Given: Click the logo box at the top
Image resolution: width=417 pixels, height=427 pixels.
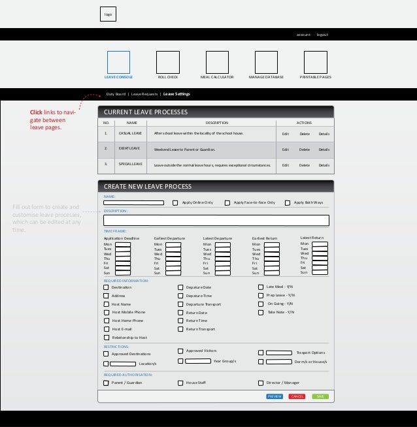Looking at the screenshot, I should (x=108, y=14).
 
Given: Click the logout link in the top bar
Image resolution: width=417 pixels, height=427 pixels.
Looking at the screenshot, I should (x=322, y=35).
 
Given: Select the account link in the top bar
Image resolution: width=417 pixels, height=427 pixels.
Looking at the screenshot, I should (x=303, y=35).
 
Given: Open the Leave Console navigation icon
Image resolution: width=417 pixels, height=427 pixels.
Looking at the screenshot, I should (x=118, y=62).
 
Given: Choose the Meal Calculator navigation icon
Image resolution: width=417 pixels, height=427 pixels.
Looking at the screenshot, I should (x=217, y=62).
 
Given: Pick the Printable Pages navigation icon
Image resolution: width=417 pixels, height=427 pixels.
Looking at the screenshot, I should (x=315, y=62).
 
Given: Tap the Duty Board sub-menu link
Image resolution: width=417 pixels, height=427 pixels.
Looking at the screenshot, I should (x=116, y=94).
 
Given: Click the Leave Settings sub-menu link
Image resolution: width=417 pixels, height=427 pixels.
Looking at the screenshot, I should (x=176, y=94).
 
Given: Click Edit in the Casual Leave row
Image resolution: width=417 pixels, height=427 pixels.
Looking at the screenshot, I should (x=285, y=133).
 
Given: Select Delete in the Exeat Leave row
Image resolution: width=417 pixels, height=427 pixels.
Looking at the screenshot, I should (x=305, y=150).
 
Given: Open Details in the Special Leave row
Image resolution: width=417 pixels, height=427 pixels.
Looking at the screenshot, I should (x=324, y=165).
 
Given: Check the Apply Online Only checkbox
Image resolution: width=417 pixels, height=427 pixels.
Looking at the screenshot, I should (x=175, y=202).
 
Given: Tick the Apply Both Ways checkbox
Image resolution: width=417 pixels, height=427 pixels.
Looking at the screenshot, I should (x=288, y=202).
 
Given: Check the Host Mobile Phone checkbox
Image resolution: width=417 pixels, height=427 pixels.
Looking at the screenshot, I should (x=106, y=312).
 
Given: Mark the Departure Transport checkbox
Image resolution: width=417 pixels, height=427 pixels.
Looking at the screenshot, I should (x=180, y=304).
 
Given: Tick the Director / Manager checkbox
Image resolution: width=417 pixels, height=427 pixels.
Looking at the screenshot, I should (x=261, y=383).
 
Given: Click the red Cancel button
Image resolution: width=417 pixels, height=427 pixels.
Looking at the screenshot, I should (x=297, y=396).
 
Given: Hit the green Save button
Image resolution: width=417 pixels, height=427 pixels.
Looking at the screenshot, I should (x=320, y=396).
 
